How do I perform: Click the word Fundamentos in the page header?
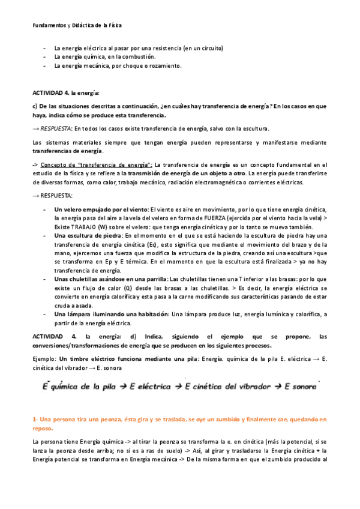pyautogui.click(x=50, y=25)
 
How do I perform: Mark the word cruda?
pyautogui.click(x=62, y=306)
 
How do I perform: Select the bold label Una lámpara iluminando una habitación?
pyautogui.click(x=112, y=315)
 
